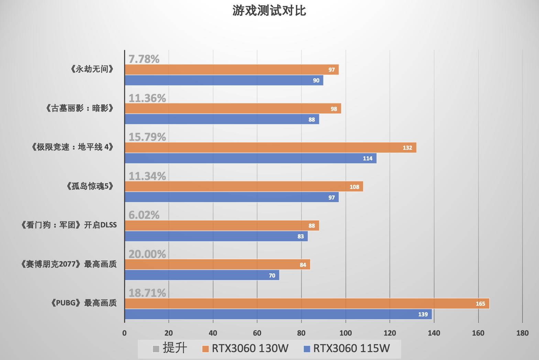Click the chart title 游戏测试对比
pos(269,11)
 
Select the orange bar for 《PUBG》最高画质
pos(307,304)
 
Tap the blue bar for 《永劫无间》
pos(224,80)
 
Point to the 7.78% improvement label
pos(144,59)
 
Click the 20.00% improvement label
pos(147,254)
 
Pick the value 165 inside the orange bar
pos(480,304)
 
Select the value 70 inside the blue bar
pos(272,275)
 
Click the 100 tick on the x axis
pos(345,333)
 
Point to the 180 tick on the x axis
pos(522,333)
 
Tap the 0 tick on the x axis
pos(124,333)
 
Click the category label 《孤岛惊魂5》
pos(90,187)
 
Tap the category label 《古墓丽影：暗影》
pos(79,109)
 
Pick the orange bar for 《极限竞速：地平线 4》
pos(271,148)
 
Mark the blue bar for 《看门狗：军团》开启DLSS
pos(216,236)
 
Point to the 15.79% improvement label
pos(147,137)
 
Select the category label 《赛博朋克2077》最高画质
pos(69,264)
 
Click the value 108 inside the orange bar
pos(354,187)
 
